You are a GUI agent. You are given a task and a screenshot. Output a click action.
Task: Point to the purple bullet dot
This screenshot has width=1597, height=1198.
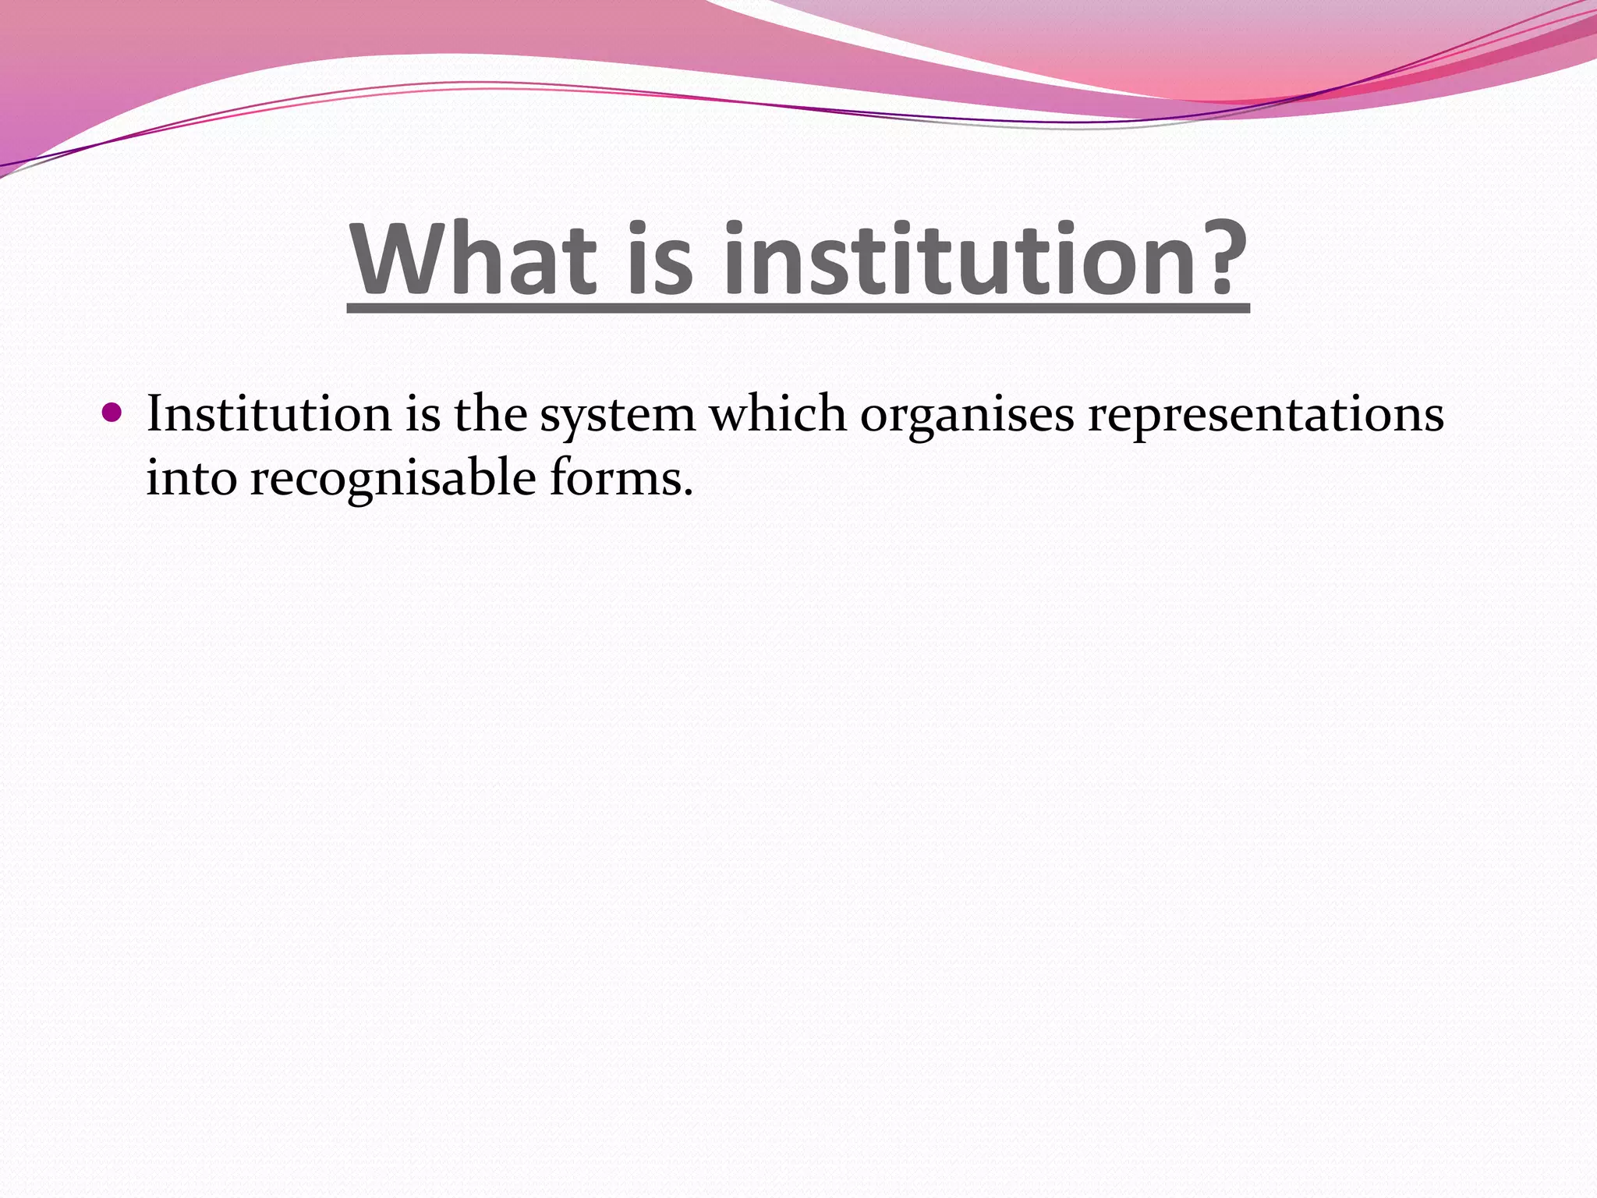click(112, 412)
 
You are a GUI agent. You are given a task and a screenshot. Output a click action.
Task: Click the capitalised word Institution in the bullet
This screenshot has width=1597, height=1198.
click(268, 413)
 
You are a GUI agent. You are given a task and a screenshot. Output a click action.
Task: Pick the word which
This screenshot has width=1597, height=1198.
click(777, 413)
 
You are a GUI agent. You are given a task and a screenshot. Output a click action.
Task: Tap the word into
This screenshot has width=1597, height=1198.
click(191, 477)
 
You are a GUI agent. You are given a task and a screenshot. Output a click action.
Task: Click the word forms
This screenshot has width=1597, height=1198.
click(615, 477)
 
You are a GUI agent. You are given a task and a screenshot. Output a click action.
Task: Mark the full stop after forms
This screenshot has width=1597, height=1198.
click(688, 494)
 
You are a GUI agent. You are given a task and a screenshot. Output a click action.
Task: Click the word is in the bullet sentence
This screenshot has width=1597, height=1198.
click(423, 413)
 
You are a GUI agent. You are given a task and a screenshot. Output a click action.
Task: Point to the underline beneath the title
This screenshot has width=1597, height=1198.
click(798, 310)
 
